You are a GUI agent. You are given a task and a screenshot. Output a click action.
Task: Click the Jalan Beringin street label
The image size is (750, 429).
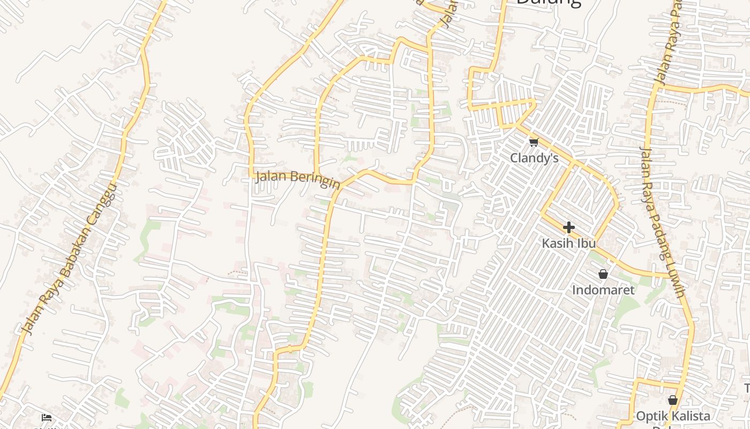(x=298, y=179)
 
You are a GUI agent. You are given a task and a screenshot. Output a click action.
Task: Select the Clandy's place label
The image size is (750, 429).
(x=534, y=158)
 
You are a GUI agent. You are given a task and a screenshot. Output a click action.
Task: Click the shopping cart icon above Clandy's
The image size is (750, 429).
(x=534, y=142)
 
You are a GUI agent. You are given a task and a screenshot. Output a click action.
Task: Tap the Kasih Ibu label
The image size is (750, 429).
(x=568, y=243)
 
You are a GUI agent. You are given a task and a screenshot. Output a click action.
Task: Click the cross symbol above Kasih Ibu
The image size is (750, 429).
(x=569, y=227)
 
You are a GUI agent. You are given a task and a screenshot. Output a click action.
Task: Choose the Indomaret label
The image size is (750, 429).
(x=603, y=290)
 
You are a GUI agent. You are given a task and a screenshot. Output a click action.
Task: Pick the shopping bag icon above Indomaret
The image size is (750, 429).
(x=603, y=275)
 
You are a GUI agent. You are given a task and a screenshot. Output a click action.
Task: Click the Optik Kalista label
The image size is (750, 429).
(x=673, y=416)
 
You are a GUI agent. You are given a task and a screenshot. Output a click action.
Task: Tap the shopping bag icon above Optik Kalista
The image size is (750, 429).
(x=673, y=400)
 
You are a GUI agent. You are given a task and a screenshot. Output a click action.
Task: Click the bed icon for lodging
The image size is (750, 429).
(x=47, y=417)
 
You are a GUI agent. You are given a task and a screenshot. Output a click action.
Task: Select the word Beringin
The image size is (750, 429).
(x=319, y=181)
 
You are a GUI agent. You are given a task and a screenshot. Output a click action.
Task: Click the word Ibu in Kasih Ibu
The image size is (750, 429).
(x=586, y=243)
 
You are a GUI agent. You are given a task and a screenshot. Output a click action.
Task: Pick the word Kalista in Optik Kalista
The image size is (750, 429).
(x=688, y=416)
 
